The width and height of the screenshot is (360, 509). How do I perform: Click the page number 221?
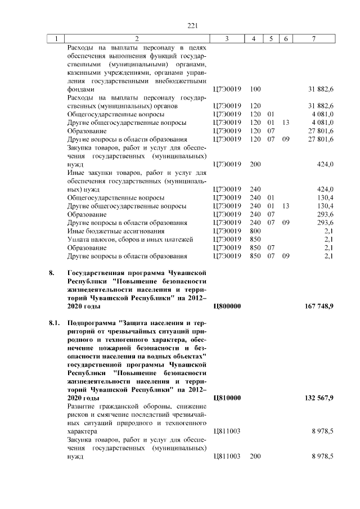coord(193,25)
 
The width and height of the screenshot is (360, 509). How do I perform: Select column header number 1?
coord(56,39)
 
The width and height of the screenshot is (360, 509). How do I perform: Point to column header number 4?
coord(255,39)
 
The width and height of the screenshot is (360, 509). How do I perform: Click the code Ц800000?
coord(228,307)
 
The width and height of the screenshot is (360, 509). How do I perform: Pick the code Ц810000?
coord(228,398)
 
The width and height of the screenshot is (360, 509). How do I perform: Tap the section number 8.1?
coord(54,325)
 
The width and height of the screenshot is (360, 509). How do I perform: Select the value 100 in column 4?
coord(255,89)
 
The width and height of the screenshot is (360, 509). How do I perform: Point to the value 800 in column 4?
coord(255,231)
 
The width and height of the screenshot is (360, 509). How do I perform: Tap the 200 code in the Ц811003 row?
coord(255,457)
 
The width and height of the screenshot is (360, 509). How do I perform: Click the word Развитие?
coord(84,407)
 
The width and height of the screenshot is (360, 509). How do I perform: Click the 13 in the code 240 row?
coord(286,206)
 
